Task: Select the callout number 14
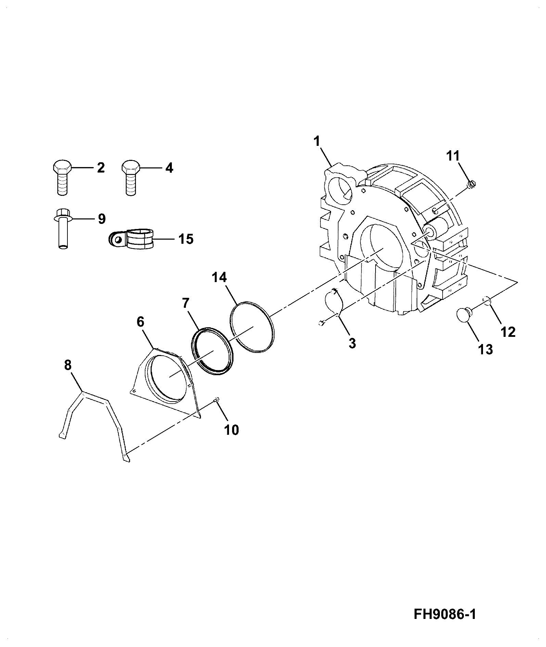pos(219,277)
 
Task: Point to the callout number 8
pos(68,366)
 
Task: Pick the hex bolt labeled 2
pos(62,177)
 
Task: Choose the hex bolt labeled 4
pos(130,177)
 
